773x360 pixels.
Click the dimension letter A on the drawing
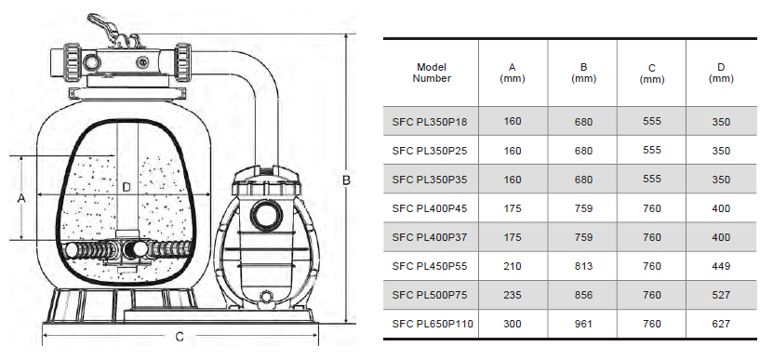click(21, 198)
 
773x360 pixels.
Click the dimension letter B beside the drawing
click(346, 180)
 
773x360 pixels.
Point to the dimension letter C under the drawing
click(180, 337)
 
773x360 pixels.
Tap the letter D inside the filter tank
click(127, 187)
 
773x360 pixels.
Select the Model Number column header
click(432, 73)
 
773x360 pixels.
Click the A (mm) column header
click(513, 73)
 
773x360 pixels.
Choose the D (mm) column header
click(721, 73)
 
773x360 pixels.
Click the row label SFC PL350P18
click(430, 121)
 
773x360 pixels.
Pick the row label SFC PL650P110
click(433, 324)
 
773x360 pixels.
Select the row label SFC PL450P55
click(430, 266)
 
